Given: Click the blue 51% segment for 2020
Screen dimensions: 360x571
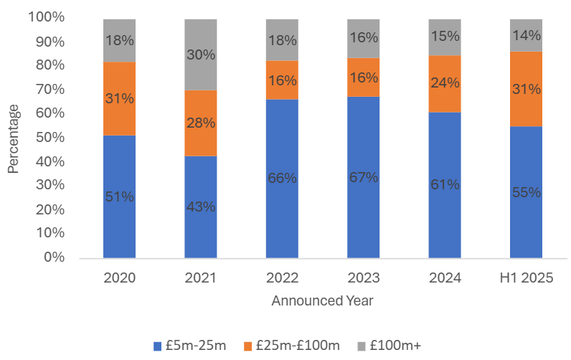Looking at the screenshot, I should coord(119,196).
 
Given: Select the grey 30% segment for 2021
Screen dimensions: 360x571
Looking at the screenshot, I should coord(200,55).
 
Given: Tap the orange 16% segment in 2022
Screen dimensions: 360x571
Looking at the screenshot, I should coord(282,80).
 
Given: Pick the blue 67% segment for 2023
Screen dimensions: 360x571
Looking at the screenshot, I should coord(363,176).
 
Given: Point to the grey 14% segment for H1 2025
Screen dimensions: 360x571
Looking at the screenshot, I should coord(526,35).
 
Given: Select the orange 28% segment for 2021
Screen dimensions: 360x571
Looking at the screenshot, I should coord(200,123).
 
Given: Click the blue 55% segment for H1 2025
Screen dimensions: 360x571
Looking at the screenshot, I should coord(526,191).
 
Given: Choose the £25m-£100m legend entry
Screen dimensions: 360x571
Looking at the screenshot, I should coord(291,346).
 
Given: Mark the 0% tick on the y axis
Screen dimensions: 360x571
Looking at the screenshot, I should coord(55,257).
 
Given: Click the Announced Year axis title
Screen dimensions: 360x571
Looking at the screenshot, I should coord(322,301).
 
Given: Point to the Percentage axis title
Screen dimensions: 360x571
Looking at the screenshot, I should coord(14,138).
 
